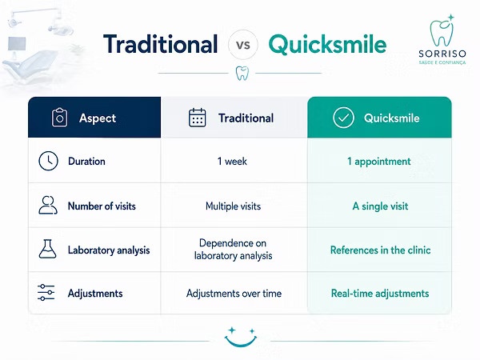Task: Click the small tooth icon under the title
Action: tap(242, 74)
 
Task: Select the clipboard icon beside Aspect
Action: tap(59, 118)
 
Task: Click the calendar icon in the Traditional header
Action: tap(197, 118)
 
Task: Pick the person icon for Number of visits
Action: tap(48, 205)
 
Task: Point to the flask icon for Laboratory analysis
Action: tap(47, 249)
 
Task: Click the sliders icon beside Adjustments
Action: tap(46, 292)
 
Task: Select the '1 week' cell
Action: tap(232, 162)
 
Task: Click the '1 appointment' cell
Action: tap(379, 162)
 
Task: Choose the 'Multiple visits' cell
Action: tap(234, 206)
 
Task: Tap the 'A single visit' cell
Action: tap(380, 206)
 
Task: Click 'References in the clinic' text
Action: tap(380, 250)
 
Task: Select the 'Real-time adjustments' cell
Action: tap(380, 294)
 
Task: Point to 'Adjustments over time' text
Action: tap(234, 294)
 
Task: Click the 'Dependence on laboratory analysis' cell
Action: tap(233, 250)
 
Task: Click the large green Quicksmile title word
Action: tap(327, 45)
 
